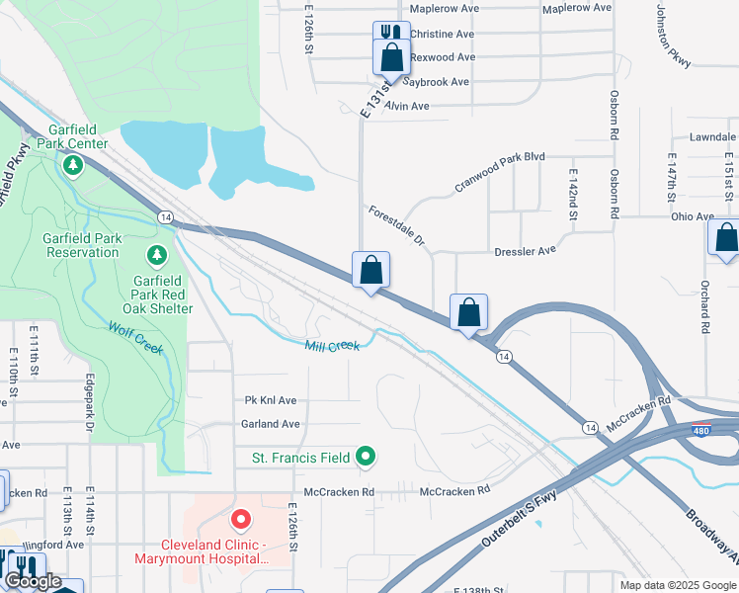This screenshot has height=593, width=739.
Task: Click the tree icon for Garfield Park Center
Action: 72,165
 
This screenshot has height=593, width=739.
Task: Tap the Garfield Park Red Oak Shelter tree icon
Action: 156,257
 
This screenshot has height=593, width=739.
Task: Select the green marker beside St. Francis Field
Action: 366,457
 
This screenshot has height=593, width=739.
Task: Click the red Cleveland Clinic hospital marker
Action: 239,519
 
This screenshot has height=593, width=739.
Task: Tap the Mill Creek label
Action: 332,345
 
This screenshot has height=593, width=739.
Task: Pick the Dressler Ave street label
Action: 525,252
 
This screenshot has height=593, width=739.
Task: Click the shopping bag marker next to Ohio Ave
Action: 725,238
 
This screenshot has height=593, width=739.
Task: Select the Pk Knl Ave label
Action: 271,400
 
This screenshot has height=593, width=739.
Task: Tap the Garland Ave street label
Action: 271,424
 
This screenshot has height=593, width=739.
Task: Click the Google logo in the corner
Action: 33,581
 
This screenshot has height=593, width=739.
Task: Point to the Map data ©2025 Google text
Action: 677,585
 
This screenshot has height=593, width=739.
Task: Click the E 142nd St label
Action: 572,194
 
